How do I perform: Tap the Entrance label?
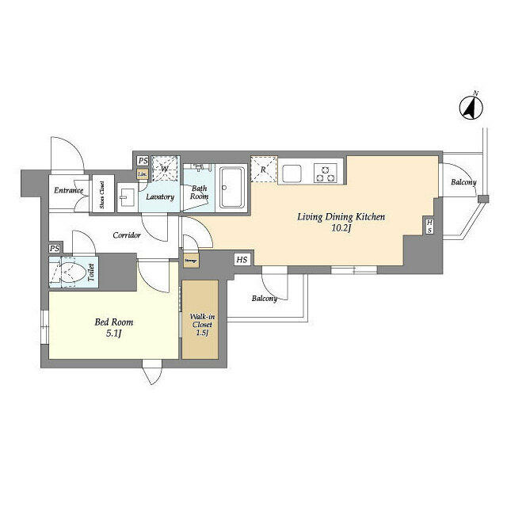coord(68,191)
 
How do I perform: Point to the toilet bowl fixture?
coord(71,274)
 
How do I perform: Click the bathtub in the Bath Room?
coord(233,188)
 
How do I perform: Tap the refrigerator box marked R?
coord(263,169)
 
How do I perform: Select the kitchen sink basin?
coord(291,172)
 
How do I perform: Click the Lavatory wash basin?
coord(127,194)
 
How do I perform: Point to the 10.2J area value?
coord(341,229)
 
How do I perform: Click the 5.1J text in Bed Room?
coord(113,334)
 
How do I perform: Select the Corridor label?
coord(127,235)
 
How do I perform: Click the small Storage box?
coord(191,259)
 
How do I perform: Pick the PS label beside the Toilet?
coord(54,249)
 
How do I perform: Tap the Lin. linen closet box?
coord(143,174)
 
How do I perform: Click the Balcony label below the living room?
coord(265,299)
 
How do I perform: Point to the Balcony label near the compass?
coord(463,183)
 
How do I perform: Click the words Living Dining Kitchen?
coord(341,215)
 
